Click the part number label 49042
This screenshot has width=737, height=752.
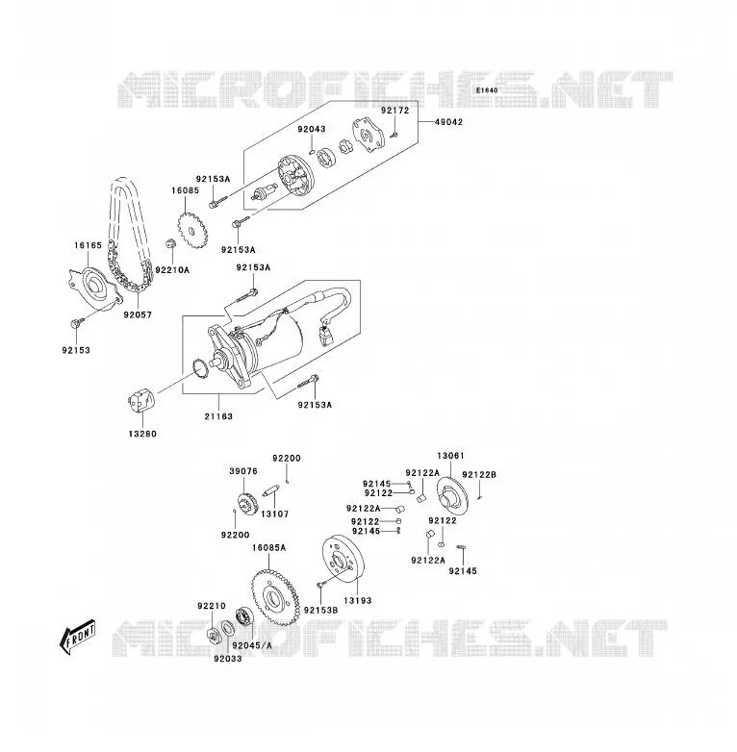[448, 122]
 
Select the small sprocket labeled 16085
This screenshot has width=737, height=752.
[191, 231]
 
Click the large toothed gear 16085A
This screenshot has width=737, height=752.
[275, 598]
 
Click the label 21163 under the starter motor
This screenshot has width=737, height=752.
[218, 416]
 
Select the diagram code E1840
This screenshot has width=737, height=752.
[487, 90]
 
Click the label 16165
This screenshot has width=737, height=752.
[88, 245]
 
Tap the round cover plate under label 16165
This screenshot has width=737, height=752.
[94, 288]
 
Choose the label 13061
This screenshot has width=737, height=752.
[450, 456]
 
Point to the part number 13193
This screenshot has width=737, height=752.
[358, 600]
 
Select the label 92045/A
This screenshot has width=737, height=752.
[252, 645]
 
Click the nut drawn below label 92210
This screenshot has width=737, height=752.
[212, 635]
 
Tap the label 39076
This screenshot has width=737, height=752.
[243, 471]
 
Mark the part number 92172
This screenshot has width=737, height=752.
[395, 111]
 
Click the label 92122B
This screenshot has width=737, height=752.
[479, 475]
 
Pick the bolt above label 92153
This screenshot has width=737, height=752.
[77, 322]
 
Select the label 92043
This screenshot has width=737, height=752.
[312, 129]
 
